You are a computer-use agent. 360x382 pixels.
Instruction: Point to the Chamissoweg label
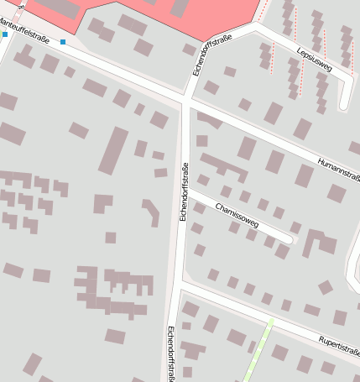[x=237, y=216]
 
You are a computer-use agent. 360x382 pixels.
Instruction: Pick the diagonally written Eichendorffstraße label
[x=212, y=55]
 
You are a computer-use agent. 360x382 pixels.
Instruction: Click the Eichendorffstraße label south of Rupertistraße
[x=171, y=353]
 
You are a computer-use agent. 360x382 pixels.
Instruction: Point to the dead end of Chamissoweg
[x=290, y=239]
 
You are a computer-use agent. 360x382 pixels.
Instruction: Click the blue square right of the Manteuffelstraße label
[x=63, y=41]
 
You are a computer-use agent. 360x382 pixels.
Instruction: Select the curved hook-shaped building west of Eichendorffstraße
[x=152, y=212]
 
